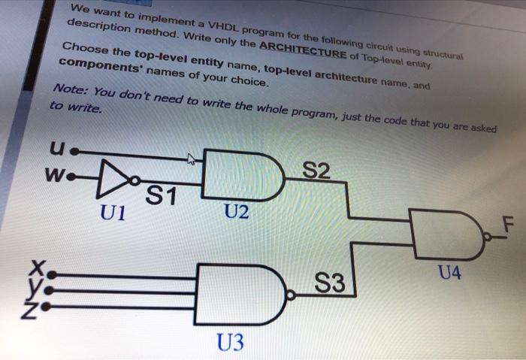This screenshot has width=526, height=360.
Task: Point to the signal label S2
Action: click(319, 171)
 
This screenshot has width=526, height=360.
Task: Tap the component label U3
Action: click(230, 344)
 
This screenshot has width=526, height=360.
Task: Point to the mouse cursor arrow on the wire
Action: click(192, 159)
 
